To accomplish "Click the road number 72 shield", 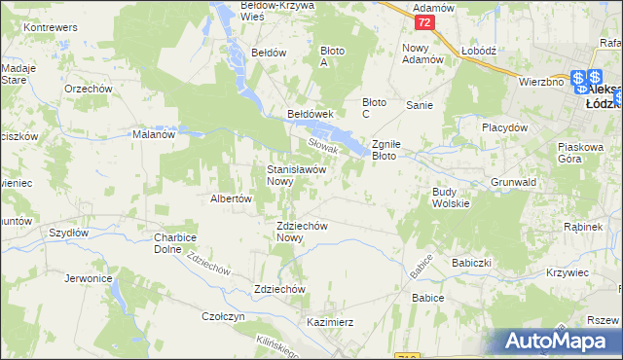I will tap(422, 21).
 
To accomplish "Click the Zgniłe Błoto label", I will tap(397, 148).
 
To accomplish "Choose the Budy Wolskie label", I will tap(451, 198).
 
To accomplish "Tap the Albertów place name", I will tap(232, 198).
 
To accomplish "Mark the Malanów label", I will tap(153, 135).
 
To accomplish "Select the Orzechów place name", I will tap(85, 88).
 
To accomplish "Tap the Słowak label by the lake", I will tap(322, 147).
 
